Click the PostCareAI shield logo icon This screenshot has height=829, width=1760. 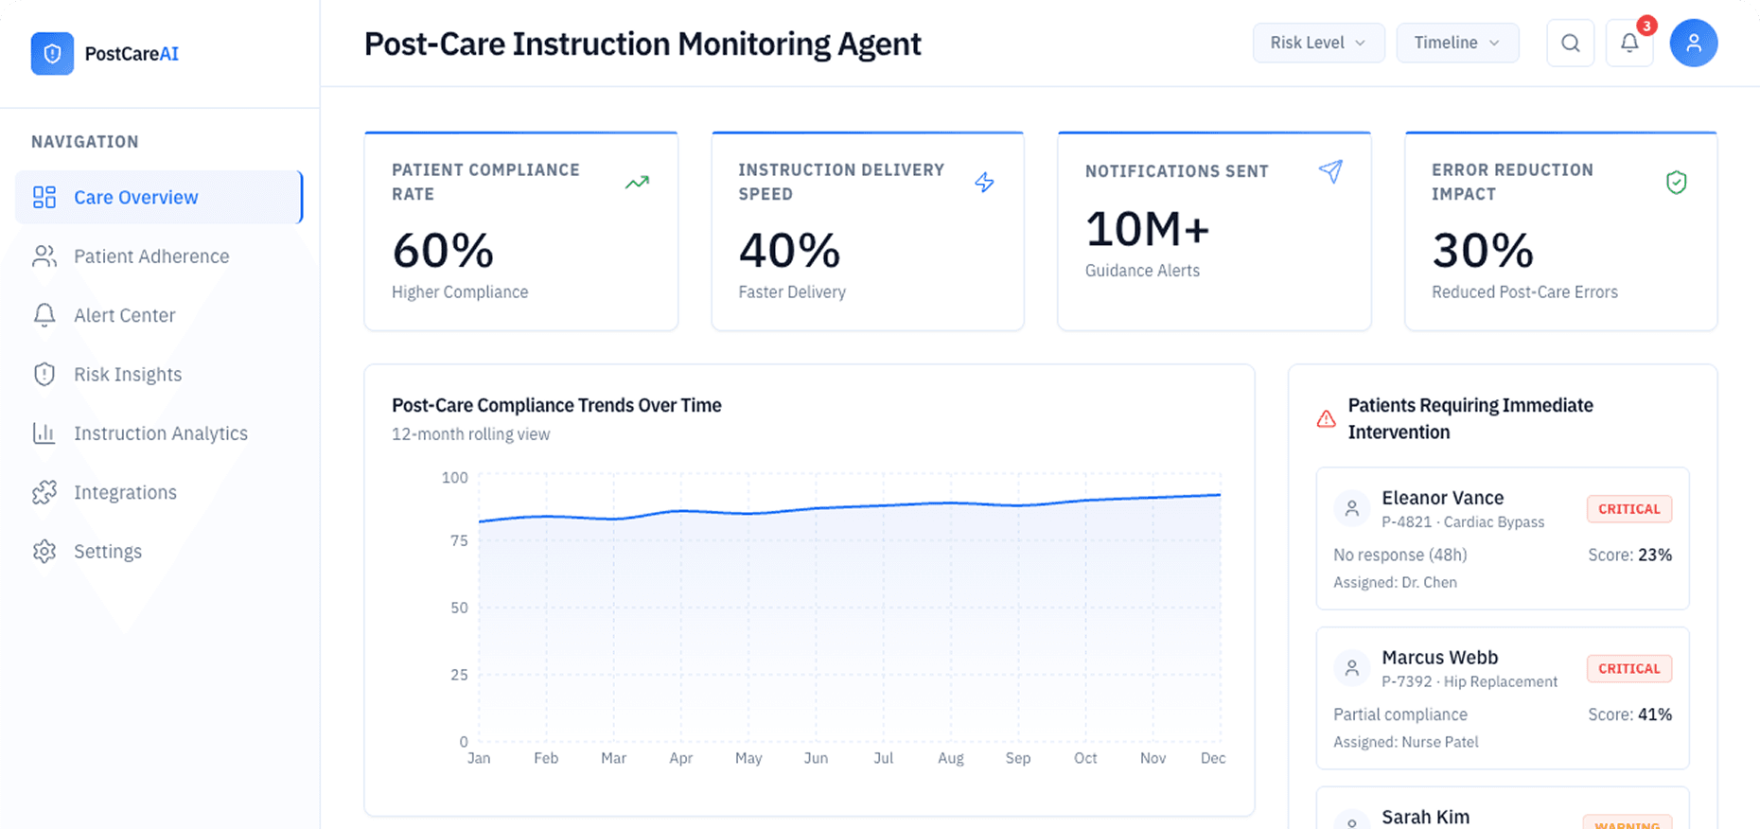coord(52,54)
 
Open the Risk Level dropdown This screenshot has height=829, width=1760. coord(1318,43)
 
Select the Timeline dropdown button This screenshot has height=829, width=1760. coord(1457,43)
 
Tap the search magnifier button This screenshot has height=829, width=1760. coord(1570,44)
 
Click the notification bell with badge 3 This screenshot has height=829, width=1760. coord(1629,44)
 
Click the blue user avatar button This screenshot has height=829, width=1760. coord(1693,44)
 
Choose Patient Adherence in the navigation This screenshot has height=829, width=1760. coord(151,256)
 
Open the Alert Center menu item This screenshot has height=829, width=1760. coord(124,315)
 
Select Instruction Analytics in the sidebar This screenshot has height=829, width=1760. coord(161,433)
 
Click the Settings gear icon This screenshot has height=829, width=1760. coord(44,552)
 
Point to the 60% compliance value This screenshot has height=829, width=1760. coord(443,251)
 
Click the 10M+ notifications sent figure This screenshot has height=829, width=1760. coord(1147,229)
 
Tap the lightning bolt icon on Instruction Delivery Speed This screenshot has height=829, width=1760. coord(984,182)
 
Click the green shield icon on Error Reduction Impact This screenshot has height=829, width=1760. coord(1676,182)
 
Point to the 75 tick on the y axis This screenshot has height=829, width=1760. coord(459,540)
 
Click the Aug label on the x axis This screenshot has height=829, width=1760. coord(950,758)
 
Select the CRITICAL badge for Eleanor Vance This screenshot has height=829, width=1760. coord(1628,509)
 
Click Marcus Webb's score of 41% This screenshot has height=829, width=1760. coord(1654,714)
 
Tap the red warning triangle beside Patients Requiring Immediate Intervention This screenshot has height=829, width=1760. coord(1326,418)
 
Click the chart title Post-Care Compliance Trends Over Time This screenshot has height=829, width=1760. coord(556,405)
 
